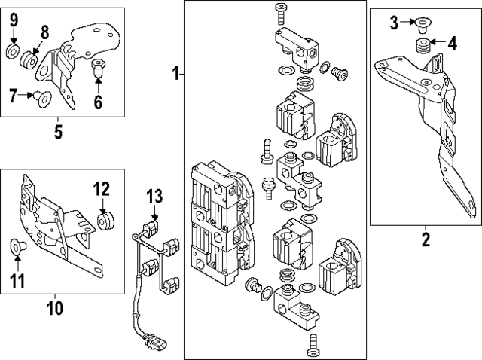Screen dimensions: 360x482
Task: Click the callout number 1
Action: point(175,74)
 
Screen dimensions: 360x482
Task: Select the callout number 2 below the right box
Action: point(425,240)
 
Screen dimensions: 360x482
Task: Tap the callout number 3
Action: point(394,23)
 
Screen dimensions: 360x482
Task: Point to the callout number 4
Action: point(451,43)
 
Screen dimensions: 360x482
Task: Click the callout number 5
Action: point(59,133)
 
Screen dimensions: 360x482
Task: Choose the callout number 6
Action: point(98,100)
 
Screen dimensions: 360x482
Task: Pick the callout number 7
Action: point(12,95)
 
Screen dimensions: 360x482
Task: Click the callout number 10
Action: point(54,308)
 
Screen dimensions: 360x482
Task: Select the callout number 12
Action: point(101,188)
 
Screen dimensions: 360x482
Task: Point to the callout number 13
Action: point(154,197)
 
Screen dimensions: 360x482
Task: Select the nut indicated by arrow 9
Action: point(13,51)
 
